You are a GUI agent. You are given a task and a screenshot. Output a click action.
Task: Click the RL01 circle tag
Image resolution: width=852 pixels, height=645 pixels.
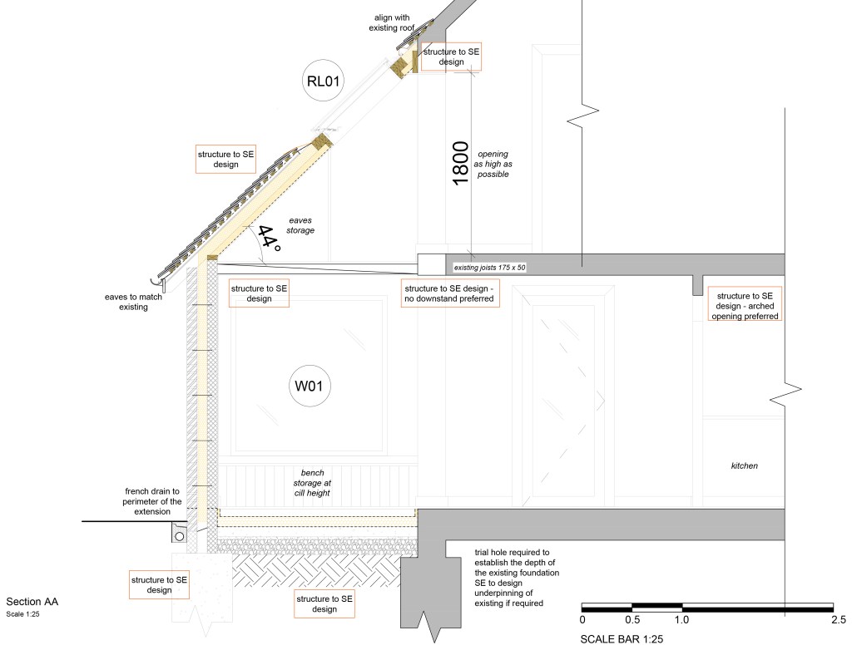[x=324, y=81]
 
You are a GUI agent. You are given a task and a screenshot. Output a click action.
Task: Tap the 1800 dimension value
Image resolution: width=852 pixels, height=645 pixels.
[x=460, y=165]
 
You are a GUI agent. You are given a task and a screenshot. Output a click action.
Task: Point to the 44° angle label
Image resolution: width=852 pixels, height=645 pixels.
[x=268, y=239]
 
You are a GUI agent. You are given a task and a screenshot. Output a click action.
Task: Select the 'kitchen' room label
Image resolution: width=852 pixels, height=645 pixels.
[x=744, y=466]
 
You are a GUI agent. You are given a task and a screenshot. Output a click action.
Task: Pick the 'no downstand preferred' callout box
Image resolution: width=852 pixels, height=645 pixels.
[x=450, y=293]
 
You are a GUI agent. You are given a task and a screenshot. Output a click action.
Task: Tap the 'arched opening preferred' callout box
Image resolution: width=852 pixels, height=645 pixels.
[x=745, y=306]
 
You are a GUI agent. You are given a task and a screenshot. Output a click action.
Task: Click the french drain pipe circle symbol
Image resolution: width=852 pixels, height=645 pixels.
[x=179, y=536]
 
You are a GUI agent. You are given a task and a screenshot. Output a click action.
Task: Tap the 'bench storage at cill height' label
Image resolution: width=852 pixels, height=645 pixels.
[x=308, y=482]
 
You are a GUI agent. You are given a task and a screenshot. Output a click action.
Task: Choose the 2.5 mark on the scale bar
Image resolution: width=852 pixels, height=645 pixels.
[x=833, y=619]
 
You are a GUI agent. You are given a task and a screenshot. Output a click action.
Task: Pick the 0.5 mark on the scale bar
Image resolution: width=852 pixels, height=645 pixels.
[x=632, y=619]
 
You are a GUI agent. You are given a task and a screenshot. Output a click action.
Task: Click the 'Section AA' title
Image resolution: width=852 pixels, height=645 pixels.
[x=32, y=601]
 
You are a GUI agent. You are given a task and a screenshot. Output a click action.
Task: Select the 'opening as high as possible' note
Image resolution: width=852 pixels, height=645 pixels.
[x=491, y=165]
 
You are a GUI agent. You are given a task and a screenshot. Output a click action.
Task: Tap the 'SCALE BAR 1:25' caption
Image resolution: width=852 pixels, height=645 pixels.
[x=622, y=639]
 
